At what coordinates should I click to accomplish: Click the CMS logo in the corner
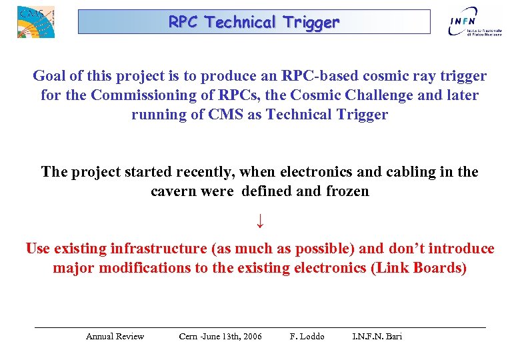tap(35, 21)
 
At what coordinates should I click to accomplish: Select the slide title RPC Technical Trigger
tap(254, 22)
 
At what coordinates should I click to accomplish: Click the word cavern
tap(173, 191)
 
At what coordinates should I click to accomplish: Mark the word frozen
tap(347, 191)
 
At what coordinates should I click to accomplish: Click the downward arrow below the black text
tap(260, 219)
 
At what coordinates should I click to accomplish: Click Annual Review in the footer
tap(115, 336)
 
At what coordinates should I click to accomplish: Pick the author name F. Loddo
tap(307, 336)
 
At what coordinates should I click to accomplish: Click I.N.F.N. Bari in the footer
tap(377, 336)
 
